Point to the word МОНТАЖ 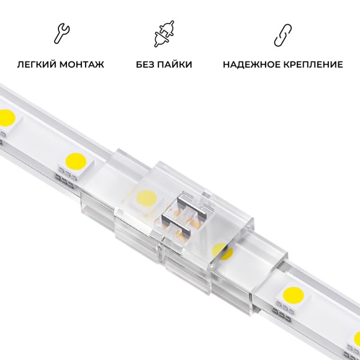(x=83, y=64)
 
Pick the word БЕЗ (x=146, y=64)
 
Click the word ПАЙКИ (x=176, y=64)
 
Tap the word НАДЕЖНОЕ (x=249, y=64)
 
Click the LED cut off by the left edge (x=6, y=117)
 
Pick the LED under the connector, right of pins (x=220, y=250)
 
